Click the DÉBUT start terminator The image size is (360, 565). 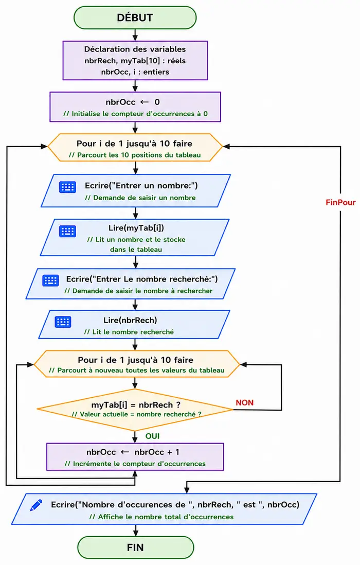pos(135,17)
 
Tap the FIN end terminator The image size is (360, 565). pos(135,548)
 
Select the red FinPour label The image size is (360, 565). pos(340,203)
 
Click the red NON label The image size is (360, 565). pos(244,402)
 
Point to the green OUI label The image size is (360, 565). pos(152,436)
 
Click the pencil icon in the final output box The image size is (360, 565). pos(36,505)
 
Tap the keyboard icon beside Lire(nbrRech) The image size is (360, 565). pos(63,322)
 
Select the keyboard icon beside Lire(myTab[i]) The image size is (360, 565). pos(67,232)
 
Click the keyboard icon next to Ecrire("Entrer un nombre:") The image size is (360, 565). pos(67,187)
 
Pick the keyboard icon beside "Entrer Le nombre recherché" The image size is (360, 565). pos(50,280)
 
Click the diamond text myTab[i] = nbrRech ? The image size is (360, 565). pos(136,404)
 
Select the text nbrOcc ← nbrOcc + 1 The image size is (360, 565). pos(133,452)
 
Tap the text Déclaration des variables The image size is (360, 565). pos(135,49)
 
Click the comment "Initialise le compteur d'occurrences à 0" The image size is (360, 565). pos(135,114)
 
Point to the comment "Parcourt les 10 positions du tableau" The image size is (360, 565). pos(135,155)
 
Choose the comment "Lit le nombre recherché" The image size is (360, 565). pos(129,332)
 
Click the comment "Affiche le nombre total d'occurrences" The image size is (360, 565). pos(161,517)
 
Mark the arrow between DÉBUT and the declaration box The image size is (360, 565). pos(135,35)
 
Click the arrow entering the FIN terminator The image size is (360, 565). pos(135,530)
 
